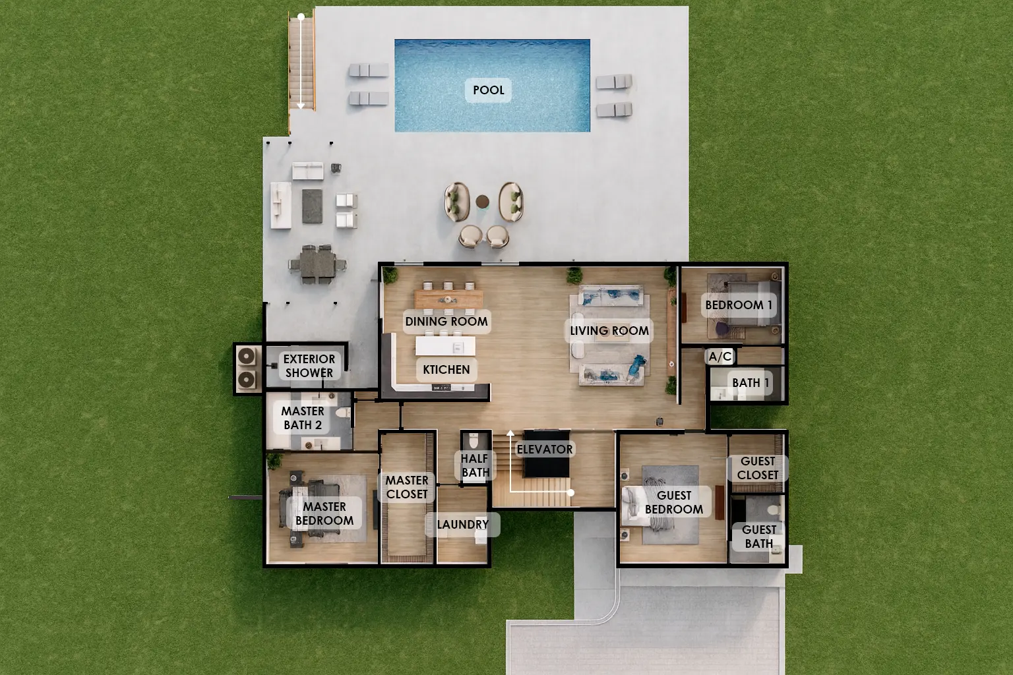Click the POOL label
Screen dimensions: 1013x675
[489, 90]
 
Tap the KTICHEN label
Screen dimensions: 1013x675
[446, 369]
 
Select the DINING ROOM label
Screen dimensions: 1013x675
[446, 322]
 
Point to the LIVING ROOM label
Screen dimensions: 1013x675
[609, 330]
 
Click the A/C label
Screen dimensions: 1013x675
[720, 357]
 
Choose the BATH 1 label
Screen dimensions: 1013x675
[751, 383]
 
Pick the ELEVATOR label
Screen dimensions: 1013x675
[545, 450]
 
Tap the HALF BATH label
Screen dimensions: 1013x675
[475, 465]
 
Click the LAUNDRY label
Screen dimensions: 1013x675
[462, 525]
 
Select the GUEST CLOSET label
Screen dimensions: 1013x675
[758, 468]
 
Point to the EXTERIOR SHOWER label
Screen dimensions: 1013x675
[309, 366]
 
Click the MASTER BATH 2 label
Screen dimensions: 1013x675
[303, 418]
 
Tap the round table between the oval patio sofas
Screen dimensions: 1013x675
[483, 201]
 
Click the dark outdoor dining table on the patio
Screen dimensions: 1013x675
[317, 264]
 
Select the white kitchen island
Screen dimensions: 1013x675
[445, 346]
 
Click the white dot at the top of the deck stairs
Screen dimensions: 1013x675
[301, 16]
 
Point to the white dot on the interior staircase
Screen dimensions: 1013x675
[570, 492]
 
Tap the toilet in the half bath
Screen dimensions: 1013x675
[474, 440]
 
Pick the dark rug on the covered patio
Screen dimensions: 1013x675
[312, 206]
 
